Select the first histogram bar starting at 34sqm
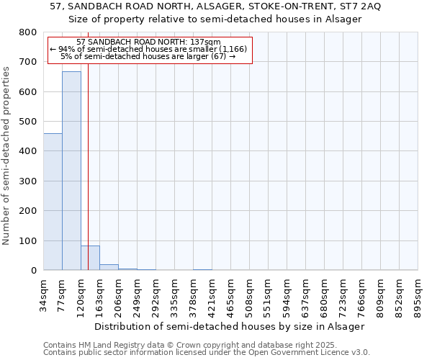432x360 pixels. coord(53,202)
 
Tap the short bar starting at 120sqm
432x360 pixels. coord(90,258)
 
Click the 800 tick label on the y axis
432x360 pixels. coord(27,32)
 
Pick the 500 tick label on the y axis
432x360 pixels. coord(27,122)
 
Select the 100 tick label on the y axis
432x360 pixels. coord(27,240)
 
